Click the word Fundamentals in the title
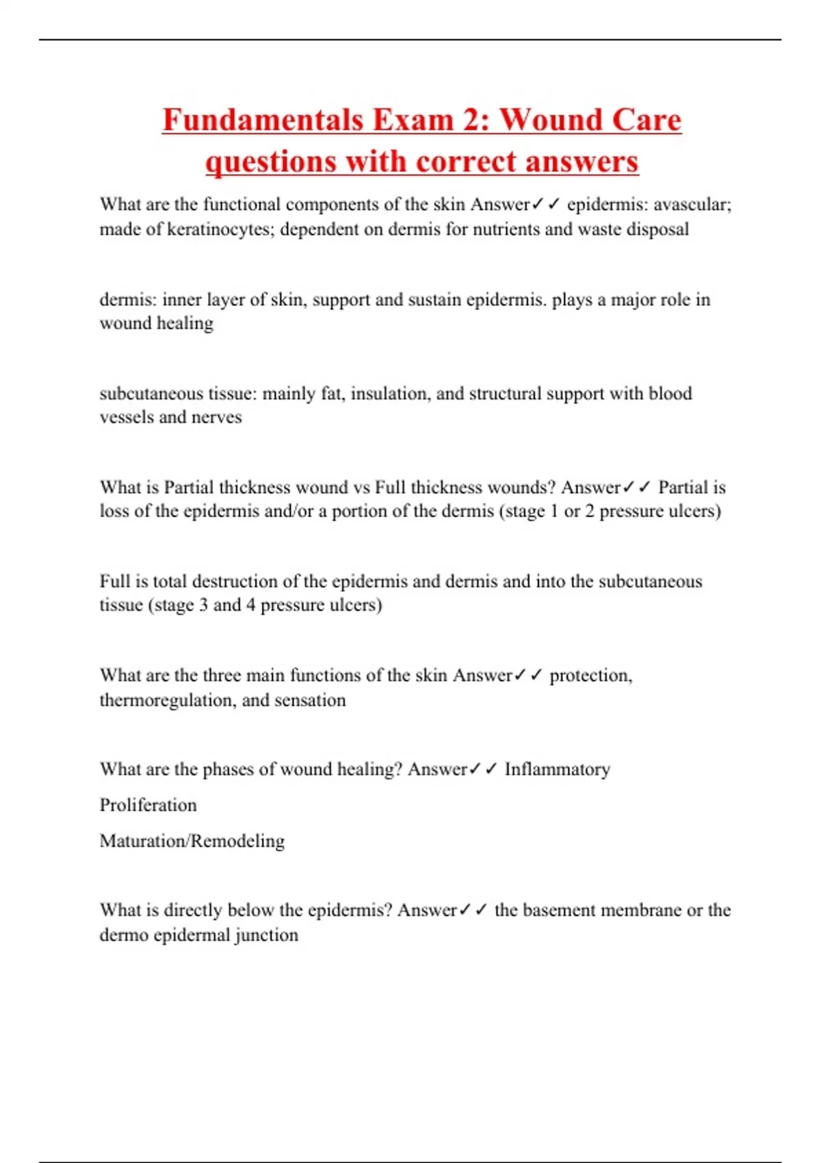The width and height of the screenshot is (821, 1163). pyautogui.click(x=263, y=120)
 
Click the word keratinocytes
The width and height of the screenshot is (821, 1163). pyautogui.click(x=220, y=229)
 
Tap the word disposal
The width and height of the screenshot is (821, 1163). pyautogui.click(x=657, y=229)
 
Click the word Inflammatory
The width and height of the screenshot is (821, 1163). pyautogui.click(x=557, y=770)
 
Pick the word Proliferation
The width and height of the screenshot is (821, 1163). pyautogui.click(x=148, y=805)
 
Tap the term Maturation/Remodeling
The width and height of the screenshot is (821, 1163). pyautogui.click(x=192, y=841)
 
